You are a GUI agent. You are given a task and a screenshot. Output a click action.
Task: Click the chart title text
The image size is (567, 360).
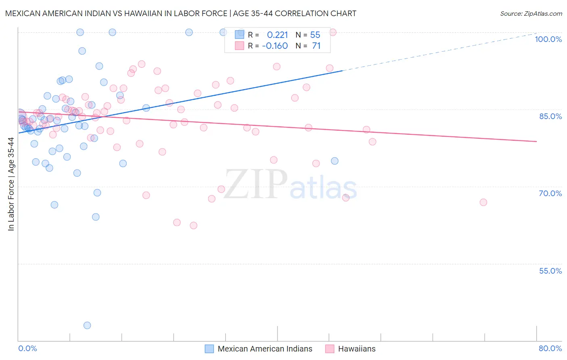pyautogui.click(x=180, y=13)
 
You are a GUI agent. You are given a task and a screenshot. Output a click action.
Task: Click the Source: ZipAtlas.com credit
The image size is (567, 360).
pyautogui.click(x=531, y=13)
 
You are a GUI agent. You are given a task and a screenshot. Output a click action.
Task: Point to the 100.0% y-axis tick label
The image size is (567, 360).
pyautogui.click(x=548, y=39)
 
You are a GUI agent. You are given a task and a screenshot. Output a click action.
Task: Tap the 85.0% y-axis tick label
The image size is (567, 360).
pyautogui.click(x=550, y=116)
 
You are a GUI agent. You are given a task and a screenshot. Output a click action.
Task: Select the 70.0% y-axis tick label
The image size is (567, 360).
pyautogui.click(x=550, y=193)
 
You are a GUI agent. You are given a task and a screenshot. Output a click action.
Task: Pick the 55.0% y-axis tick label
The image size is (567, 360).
pyautogui.click(x=550, y=271)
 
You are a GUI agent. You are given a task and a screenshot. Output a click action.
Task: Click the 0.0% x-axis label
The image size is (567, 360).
pyautogui.click(x=27, y=348)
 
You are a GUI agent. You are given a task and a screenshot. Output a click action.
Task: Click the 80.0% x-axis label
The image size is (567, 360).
pyautogui.click(x=550, y=348)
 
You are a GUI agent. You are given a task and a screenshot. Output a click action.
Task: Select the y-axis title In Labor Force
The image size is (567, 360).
pyautogui.click(x=11, y=184)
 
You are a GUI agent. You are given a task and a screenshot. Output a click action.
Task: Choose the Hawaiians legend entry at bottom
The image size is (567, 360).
pyautogui.click(x=356, y=349)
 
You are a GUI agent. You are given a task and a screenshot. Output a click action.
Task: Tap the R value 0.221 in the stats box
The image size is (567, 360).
pyautogui.click(x=277, y=35)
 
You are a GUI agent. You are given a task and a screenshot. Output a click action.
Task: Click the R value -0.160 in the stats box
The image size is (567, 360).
pyautogui.click(x=275, y=46)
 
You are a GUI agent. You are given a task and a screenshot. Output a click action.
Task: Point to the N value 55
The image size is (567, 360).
pyautogui.click(x=315, y=35)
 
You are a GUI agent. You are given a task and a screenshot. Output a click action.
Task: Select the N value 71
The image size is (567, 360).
pyautogui.click(x=316, y=46)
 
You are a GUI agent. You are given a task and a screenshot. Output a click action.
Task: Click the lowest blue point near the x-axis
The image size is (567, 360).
pyautogui.click(x=87, y=325)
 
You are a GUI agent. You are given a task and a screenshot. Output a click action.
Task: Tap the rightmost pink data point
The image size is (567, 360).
pyautogui.click(x=483, y=202)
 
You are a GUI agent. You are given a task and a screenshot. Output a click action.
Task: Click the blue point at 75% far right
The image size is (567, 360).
pyautogui.click(x=335, y=161)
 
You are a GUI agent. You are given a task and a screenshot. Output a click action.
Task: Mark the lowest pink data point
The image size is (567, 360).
pyautogui.click(x=194, y=226)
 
